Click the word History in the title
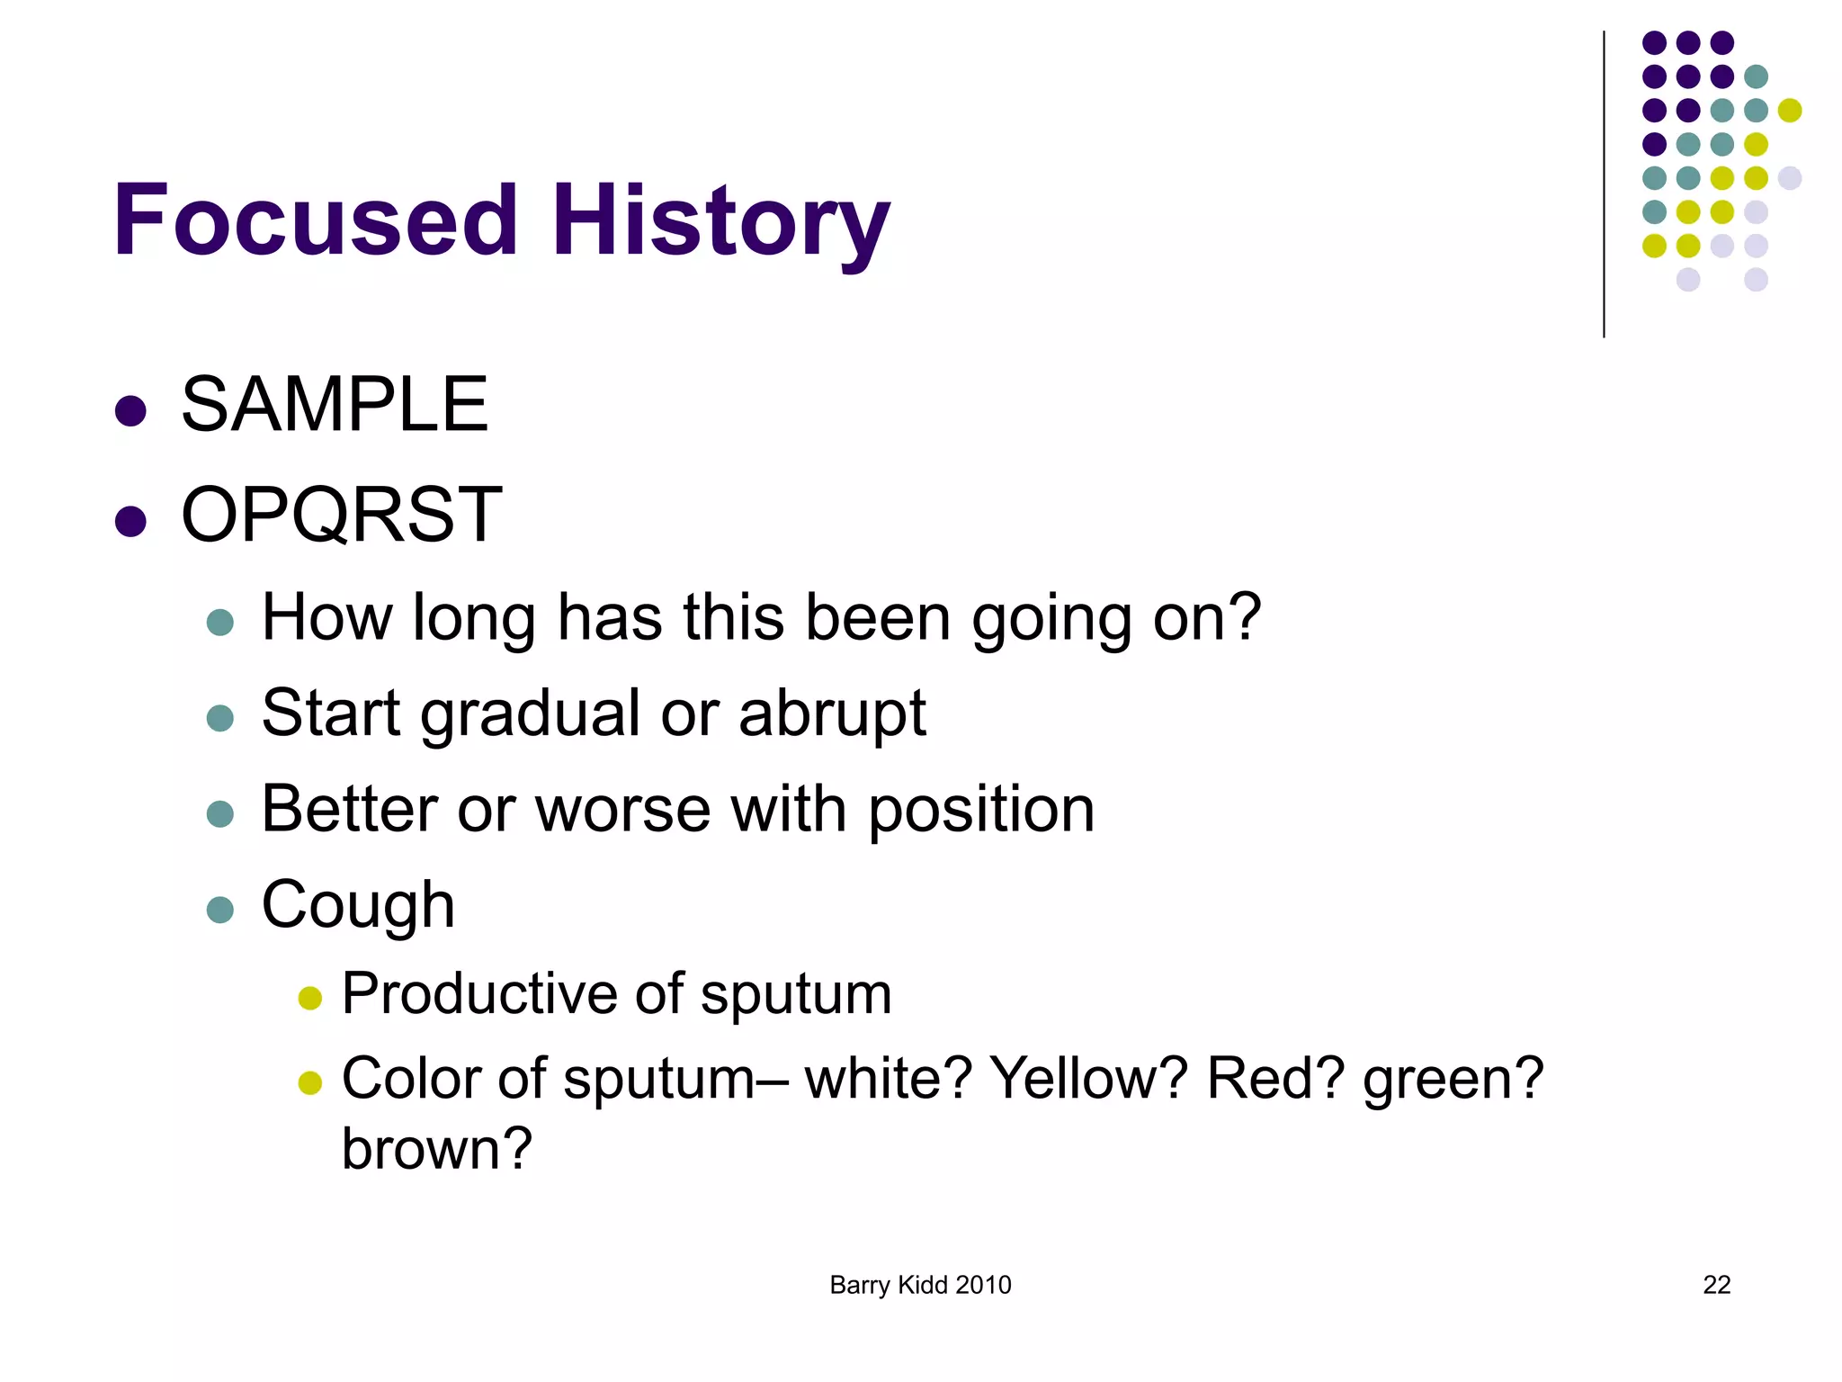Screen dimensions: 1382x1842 pyautogui.click(x=720, y=220)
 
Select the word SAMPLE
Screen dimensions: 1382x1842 pyautogui.click(x=335, y=405)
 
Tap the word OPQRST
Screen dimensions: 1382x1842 pyautogui.click(x=341, y=515)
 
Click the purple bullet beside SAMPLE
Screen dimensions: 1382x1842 pyautogui.click(x=131, y=411)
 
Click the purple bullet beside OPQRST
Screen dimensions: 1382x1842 pyautogui.click(x=131, y=521)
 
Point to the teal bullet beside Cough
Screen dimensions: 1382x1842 pyautogui.click(x=220, y=910)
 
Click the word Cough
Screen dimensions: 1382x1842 pyautogui.click(x=358, y=905)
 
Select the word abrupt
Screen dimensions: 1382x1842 pyautogui.click(x=832, y=713)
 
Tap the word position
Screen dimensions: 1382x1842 pyautogui.click(x=981, y=810)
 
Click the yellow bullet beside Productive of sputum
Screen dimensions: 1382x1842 pyautogui.click(x=310, y=998)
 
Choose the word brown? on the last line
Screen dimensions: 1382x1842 pyautogui.click(x=437, y=1149)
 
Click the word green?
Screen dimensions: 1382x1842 pyautogui.click(x=1453, y=1080)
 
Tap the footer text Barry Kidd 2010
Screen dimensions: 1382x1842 pyautogui.click(x=920, y=1285)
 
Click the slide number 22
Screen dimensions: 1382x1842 pyautogui.click(x=1716, y=1285)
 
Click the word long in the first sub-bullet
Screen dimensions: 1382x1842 pyautogui.click(x=474, y=619)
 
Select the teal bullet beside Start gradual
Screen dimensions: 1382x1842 pyautogui.click(x=220, y=718)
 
